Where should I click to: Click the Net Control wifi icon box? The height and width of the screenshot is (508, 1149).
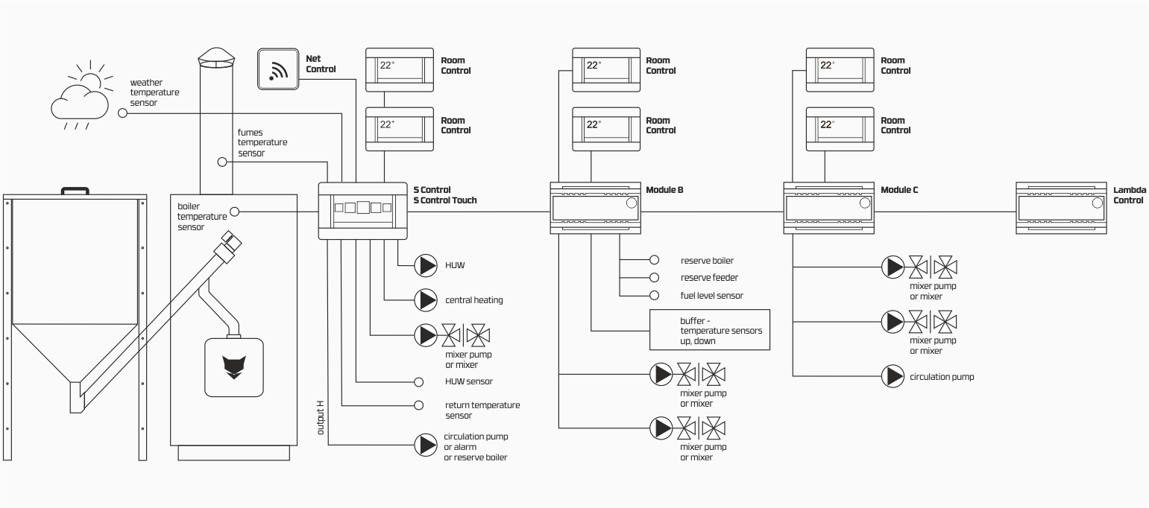coord(278,69)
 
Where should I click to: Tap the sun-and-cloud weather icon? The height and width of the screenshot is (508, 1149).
coord(82,95)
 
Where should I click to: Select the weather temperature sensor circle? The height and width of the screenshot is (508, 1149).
coord(122,112)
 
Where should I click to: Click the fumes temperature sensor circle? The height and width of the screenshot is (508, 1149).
coord(222,162)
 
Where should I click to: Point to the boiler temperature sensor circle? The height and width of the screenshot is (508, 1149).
coord(234,212)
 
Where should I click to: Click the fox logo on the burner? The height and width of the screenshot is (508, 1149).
coord(234,367)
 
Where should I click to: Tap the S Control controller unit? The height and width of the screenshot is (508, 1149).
coord(362,211)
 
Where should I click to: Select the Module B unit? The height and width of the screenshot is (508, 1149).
coord(596,208)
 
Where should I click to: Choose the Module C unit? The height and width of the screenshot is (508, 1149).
coord(829,208)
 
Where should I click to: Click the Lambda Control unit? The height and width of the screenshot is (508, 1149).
coord(1061,208)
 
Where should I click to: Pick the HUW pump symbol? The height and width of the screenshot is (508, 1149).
coord(426,265)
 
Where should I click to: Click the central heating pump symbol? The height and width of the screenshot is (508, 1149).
coord(426,300)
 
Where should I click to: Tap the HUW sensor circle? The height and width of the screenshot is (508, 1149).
coord(418,382)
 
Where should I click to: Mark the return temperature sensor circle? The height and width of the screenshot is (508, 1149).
coord(418,405)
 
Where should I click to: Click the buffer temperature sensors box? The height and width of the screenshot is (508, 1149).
coord(709,330)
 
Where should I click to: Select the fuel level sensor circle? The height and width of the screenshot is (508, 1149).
coord(654,295)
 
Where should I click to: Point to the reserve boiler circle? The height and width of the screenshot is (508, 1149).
coord(654,260)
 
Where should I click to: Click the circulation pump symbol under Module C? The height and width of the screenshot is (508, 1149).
coord(893,376)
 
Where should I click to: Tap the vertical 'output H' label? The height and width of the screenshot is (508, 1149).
coord(321,418)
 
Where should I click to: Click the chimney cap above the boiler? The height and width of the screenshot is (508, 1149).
coord(216,57)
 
